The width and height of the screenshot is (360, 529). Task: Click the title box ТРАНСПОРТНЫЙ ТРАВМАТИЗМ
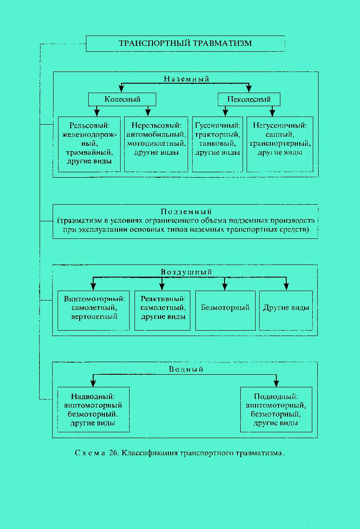[x=185, y=44]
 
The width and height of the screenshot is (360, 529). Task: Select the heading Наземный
[x=187, y=79]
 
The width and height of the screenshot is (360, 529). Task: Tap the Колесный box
[x=122, y=99]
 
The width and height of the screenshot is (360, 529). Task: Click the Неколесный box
[x=249, y=99]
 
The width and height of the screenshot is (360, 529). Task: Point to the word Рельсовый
[x=90, y=126]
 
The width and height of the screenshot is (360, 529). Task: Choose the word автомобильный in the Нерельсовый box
[x=156, y=134]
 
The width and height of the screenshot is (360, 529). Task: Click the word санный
[x=280, y=134]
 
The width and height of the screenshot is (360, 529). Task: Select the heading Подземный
[x=186, y=211]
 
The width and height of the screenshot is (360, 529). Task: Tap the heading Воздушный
[x=186, y=272]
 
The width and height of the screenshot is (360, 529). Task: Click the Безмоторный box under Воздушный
[x=225, y=310]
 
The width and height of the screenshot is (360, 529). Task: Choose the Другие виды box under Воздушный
[x=286, y=310]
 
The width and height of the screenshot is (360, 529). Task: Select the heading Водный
[x=186, y=369]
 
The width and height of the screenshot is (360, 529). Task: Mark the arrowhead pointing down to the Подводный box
[x=276, y=382]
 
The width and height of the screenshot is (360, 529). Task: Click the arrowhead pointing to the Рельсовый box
[x=97, y=112]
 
